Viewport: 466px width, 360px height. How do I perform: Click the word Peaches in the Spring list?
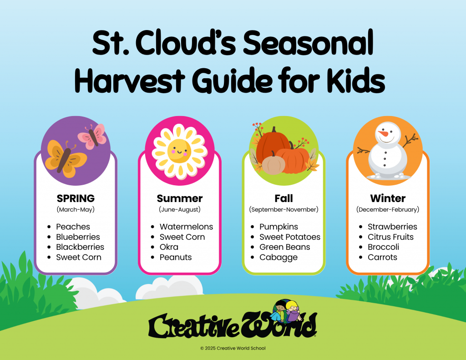(x=73, y=227)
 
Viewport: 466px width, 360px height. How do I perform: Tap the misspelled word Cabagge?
(x=278, y=258)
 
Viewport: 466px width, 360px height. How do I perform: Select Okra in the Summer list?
(x=169, y=247)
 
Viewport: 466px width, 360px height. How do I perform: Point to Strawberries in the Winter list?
(x=392, y=227)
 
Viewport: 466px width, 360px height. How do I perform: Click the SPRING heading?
(x=76, y=198)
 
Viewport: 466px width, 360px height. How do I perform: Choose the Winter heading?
(x=388, y=198)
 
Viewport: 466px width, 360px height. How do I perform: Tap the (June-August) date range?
(x=180, y=209)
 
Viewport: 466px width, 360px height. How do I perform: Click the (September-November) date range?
(x=284, y=209)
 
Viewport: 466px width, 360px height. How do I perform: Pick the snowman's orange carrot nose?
(x=384, y=134)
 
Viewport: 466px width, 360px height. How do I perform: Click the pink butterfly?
(x=92, y=137)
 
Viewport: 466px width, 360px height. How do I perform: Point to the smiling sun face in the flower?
(x=179, y=151)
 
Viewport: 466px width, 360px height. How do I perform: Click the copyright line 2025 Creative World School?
(x=233, y=348)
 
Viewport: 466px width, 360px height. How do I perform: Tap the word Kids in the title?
(x=355, y=80)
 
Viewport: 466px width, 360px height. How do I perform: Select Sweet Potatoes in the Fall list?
(x=290, y=237)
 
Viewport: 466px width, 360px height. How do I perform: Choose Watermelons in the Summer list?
(x=186, y=227)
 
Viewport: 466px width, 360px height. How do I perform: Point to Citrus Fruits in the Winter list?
(x=390, y=237)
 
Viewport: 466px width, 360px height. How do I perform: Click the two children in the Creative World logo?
(x=286, y=311)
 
